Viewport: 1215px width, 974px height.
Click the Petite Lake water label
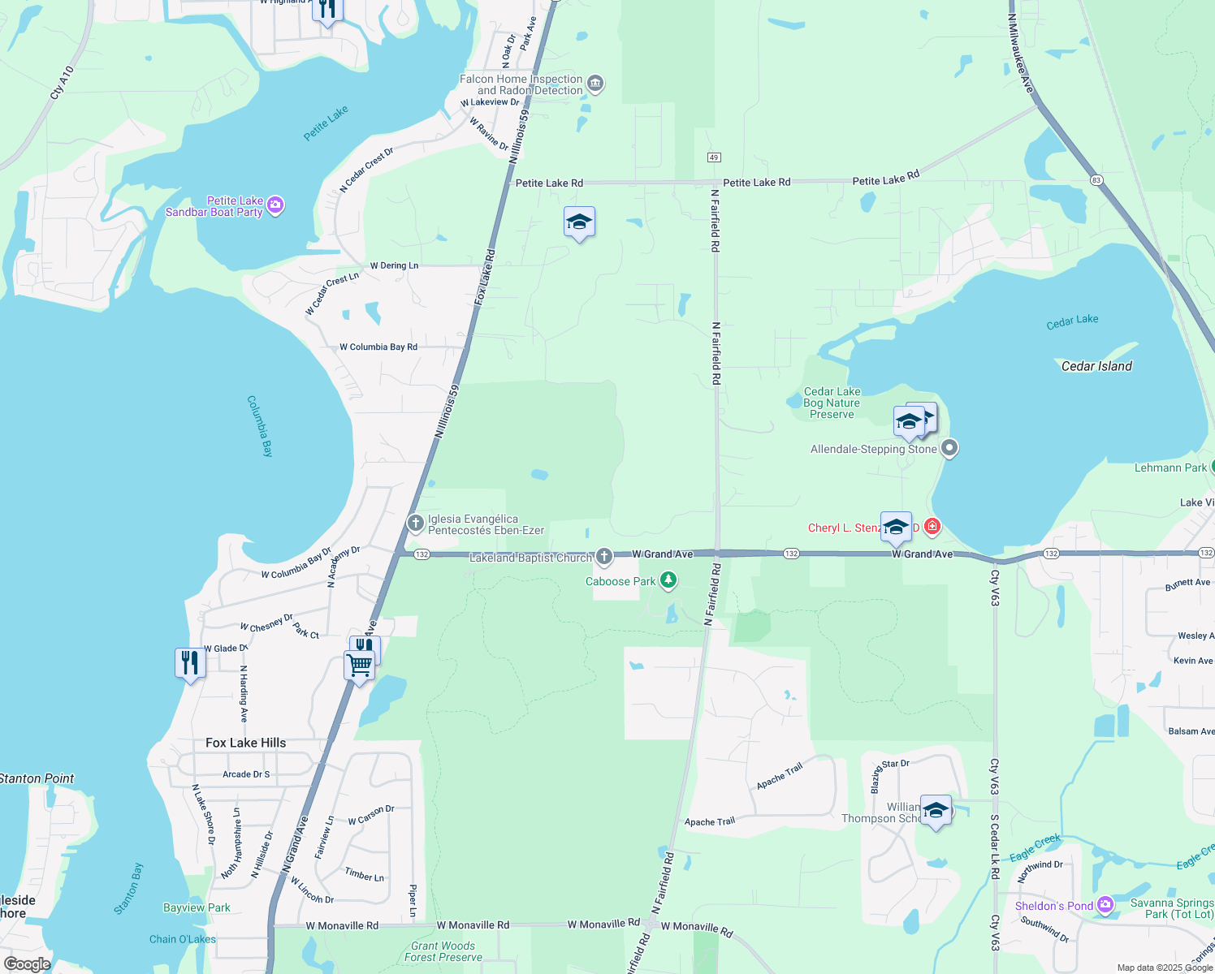pos(326,123)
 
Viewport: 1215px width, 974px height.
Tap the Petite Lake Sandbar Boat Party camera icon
pos(275,205)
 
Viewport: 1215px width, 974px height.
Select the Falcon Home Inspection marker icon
pos(595,84)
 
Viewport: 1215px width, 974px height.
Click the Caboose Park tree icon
pos(668,580)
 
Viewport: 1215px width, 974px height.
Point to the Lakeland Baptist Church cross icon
pos(603,556)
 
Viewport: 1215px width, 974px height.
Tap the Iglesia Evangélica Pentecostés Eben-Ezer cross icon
pos(415,523)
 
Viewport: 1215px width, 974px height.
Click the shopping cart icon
pos(359,666)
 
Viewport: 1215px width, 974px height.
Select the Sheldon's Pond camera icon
pos(1105,904)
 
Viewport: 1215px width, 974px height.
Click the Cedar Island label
pos(1096,366)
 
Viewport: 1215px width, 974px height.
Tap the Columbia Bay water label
pos(260,426)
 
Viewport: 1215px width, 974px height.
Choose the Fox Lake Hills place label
pos(245,743)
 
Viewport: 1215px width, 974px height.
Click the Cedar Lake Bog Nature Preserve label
pos(832,403)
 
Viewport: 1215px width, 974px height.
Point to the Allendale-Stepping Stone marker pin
pos(949,448)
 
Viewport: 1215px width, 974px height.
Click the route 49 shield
pos(714,157)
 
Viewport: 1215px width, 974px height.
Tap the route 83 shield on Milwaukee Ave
pos(1096,180)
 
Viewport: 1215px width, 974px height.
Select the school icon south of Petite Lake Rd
pos(579,222)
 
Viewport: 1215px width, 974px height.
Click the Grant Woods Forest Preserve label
pos(443,951)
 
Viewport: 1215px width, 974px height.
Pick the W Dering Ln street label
pos(394,265)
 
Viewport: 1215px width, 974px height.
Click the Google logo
pos(28,964)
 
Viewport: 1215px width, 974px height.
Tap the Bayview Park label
pos(197,907)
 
